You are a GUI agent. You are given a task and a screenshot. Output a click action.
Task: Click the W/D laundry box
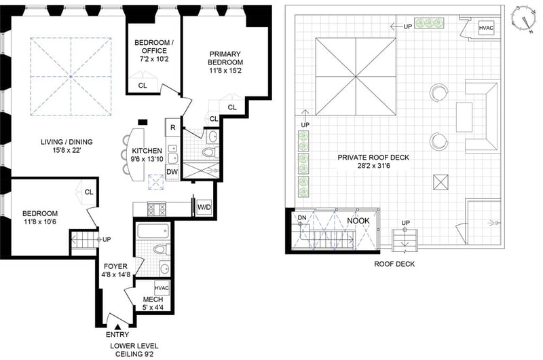204,207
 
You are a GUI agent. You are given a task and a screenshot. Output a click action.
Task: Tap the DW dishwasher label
172,172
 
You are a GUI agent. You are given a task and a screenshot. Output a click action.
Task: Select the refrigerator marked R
173,127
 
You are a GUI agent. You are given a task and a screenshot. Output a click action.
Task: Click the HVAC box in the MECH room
162,288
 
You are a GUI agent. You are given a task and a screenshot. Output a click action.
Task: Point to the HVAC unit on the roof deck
486,28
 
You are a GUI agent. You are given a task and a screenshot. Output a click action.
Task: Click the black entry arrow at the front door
117,327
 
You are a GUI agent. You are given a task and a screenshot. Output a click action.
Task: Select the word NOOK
358,221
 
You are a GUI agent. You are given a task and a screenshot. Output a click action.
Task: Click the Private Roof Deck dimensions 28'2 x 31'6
374,166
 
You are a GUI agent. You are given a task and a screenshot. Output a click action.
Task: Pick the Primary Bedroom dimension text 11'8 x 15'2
225,71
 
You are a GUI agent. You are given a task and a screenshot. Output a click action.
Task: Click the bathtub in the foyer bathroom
153,231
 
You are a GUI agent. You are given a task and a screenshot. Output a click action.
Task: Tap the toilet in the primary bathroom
210,152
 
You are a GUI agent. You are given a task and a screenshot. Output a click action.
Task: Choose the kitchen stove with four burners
157,209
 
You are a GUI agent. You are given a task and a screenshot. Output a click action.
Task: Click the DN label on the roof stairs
302,217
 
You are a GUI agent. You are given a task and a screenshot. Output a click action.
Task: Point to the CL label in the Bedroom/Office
143,86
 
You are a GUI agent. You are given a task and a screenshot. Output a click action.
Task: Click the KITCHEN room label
147,151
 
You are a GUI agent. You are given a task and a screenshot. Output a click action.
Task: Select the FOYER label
115,266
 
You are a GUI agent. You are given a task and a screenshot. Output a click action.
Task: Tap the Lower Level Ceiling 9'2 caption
134,350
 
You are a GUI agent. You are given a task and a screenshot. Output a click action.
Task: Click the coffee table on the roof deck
464,117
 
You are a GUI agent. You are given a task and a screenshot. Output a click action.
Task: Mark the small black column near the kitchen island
143,122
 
